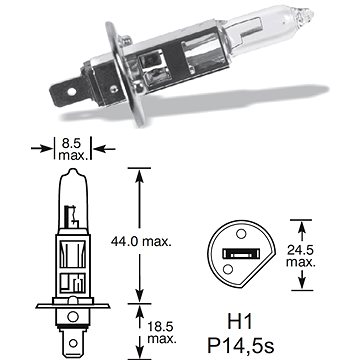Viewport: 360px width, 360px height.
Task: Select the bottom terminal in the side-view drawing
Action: point(72,340)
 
